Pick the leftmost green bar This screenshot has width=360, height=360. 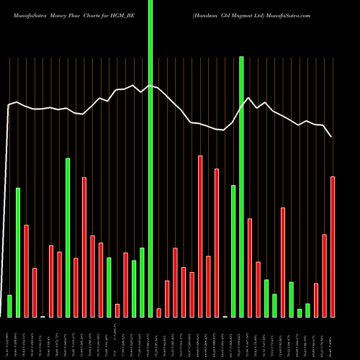(9, 306)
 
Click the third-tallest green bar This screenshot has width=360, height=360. (68, 237)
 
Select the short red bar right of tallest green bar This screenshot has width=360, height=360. (159, 312)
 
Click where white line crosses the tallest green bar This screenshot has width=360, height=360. (150, 86)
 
